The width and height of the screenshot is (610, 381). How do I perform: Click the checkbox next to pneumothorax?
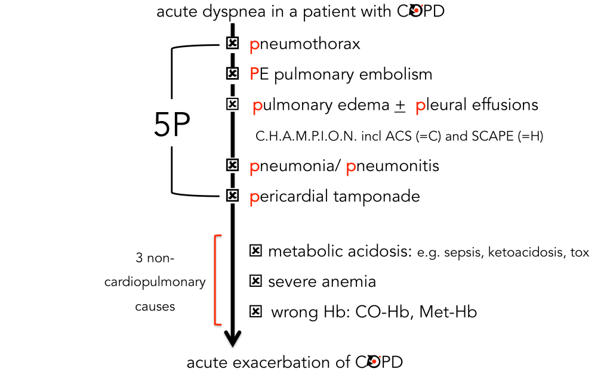(x=232, y=44)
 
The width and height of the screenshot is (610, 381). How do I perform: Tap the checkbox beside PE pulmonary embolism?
(x=232, y=74)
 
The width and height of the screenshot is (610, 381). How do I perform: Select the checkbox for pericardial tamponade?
(x=232, y=196)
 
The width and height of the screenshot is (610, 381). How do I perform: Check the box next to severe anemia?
(x=255, y=281)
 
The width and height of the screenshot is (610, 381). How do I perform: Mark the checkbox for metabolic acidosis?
(x=255, y=252)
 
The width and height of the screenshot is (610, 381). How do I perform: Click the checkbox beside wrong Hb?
(x=255, y=311)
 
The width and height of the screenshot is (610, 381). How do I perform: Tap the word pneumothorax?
(x=305, y=44)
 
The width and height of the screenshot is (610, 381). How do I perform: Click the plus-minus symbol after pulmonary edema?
(x=399, y=106)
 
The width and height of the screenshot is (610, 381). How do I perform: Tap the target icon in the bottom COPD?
(x=375, y=362)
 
